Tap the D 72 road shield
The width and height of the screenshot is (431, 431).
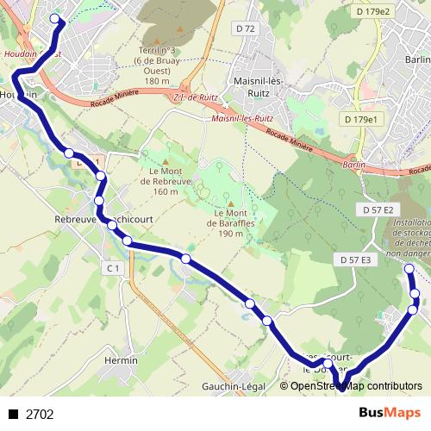[x=246, y=29]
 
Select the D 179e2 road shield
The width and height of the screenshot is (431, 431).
[x=372, y=11]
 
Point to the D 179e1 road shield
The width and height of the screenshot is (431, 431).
[x=360, y=119]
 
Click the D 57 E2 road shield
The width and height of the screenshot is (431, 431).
[x=378, y=210]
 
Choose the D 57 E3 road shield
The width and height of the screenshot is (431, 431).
[x=355, y=259]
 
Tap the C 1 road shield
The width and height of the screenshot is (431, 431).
[x=113, y=269]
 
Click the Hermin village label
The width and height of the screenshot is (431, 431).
[x=121, y=360]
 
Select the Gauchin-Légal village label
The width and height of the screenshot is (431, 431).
[x=230, y=386]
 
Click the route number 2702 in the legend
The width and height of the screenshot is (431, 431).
[x=40, y=415]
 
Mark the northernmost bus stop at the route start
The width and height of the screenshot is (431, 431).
[x=56, y=19]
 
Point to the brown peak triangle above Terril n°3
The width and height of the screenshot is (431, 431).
[x=157, y=41]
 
